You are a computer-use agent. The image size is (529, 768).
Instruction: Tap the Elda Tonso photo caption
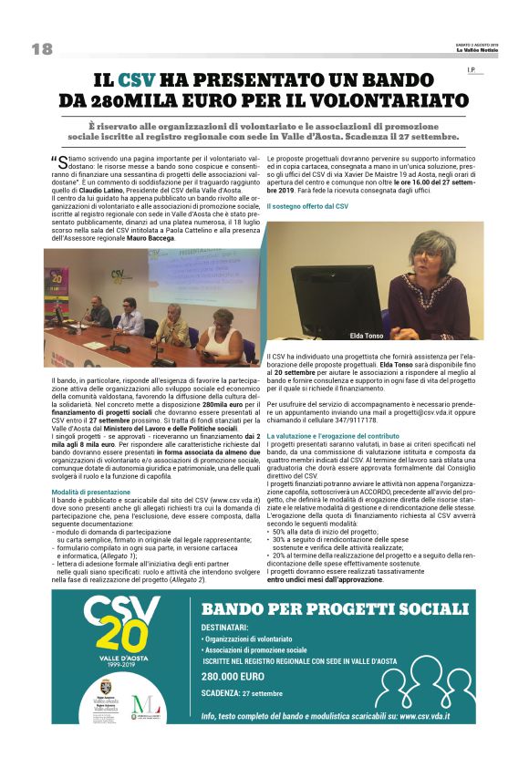tap(367, 337)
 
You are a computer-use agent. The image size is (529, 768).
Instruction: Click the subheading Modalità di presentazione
tap(90, 491)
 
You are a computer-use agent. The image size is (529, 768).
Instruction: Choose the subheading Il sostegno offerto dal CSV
tap(307, 207)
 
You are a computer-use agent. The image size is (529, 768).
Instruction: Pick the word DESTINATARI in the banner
tap(224, 627)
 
